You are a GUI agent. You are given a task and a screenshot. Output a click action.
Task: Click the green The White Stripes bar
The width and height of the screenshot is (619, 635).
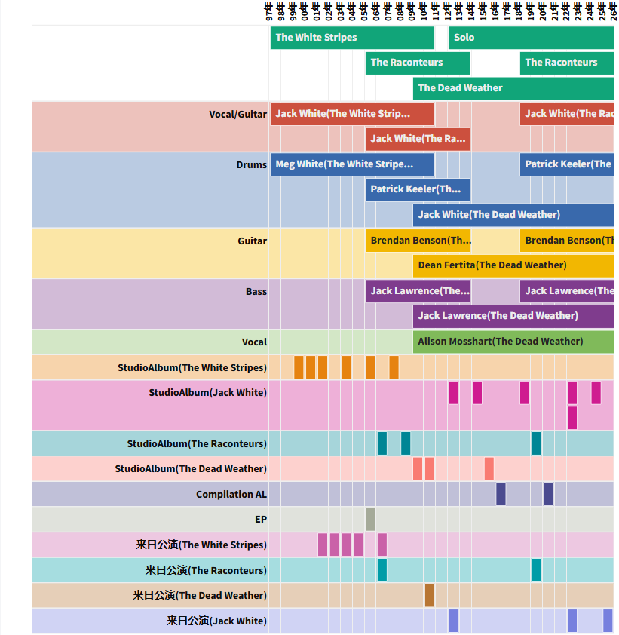352,38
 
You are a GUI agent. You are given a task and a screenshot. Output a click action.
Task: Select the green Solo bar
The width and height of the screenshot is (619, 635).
531,38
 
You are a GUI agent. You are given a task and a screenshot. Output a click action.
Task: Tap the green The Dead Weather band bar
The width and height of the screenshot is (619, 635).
513,88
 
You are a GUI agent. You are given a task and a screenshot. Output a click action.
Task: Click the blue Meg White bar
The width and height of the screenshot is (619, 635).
352,164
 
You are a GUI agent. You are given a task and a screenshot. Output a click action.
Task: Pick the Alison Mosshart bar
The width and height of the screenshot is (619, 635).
513,342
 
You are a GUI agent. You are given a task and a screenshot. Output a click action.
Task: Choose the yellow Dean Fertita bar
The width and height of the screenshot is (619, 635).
513,265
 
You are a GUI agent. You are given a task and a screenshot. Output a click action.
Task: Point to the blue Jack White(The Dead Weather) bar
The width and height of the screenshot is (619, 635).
513,215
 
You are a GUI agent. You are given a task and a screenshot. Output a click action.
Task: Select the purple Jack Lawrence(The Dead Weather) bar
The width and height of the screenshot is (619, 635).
513,316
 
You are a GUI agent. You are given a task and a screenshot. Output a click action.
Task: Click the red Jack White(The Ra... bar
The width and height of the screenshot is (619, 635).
418,139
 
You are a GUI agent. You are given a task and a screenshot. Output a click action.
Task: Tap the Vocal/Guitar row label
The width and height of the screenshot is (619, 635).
237,115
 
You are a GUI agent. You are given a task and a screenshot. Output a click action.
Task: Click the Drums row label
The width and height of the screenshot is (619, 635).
251,165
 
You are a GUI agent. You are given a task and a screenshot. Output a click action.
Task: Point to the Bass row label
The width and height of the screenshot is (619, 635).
256,292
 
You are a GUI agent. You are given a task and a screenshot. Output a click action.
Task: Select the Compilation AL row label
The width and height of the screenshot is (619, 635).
231,495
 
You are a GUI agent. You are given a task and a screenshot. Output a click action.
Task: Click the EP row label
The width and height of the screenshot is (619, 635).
260,520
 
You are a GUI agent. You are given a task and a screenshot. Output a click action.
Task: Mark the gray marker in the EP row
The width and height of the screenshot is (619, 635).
370,520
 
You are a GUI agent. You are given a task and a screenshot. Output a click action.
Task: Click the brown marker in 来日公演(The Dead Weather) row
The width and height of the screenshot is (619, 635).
430,596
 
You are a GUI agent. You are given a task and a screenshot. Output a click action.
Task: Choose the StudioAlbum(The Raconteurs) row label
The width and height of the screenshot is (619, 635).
196,444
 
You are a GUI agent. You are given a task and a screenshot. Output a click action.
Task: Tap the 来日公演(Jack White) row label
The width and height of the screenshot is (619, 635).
216,621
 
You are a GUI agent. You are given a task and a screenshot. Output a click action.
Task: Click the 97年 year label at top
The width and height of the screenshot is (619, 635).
269,12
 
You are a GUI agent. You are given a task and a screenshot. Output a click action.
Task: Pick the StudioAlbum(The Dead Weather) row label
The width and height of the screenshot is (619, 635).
190,469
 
